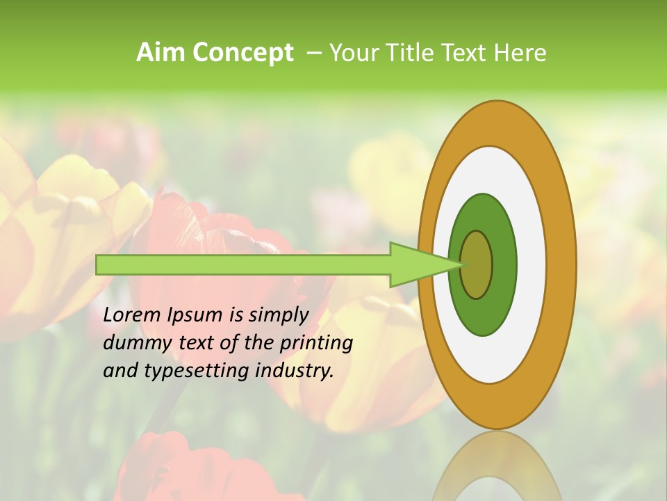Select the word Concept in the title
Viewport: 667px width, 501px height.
click(242, 53)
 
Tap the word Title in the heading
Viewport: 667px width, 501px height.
click(406, 52)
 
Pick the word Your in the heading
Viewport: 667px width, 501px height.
click(353, 52)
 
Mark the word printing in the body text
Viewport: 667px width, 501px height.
click(316, 343)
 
